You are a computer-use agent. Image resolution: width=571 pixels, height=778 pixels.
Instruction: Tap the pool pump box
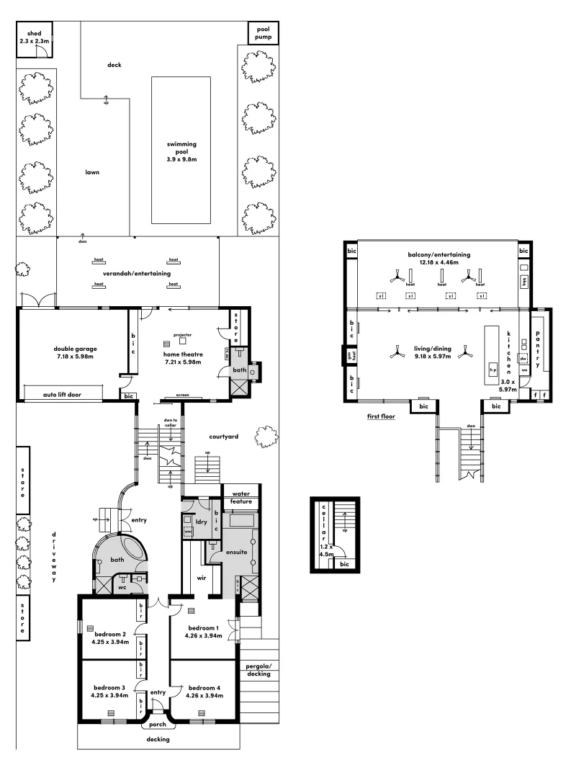(x=261, y=33)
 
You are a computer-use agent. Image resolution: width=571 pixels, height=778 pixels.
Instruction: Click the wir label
(x=193, y=577)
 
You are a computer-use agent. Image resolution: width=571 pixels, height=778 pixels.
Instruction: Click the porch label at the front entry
(x=158, y=725)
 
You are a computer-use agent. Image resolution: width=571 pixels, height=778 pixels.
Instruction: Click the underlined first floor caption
(x=382, y=416)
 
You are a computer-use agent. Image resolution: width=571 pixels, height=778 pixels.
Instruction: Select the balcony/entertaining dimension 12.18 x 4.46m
(x=438, y=263)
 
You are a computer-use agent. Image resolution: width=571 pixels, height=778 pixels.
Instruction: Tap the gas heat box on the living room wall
(x=351, y=357)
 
